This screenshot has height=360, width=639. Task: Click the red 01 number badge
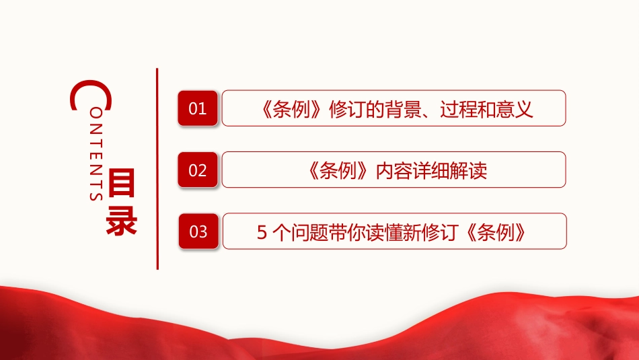coord(198,108)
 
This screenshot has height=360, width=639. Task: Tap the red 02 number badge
coord(198,170)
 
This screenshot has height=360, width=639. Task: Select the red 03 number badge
coord(198,231)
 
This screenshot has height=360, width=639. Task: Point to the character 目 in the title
coord(121,183)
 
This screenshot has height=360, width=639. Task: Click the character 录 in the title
coord(121,222)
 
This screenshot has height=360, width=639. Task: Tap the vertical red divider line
coord(157,169)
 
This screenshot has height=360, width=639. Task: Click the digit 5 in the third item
coord(262,232)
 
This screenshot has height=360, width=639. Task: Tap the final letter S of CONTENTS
coord(96,196)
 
